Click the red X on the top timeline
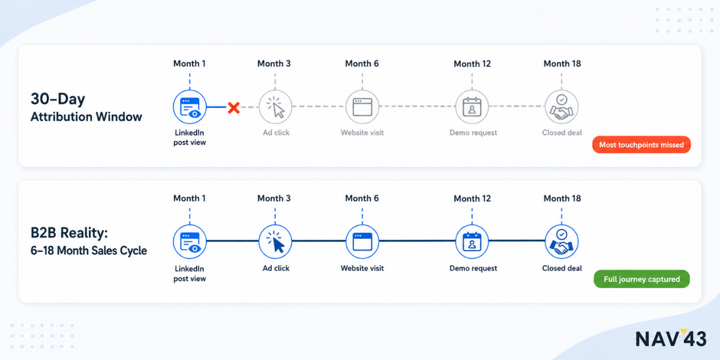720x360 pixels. tap(233, 107)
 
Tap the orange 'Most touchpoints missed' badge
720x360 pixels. tap(641, 145)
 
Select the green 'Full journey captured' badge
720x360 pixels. tap(641, 279)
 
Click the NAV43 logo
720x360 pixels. tap(671, 338)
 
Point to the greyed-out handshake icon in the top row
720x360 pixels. tap(562, 107)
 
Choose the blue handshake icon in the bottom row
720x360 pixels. tap(562, 242)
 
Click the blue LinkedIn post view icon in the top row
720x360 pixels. tap(190, 107)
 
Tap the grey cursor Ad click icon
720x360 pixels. tap(275, 107)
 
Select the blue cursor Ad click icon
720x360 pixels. tap(275, 242)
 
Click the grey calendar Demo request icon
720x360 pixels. tap(472, 107)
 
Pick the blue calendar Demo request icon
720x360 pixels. tap(472, 242)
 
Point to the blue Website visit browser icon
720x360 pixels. tap(362, 242)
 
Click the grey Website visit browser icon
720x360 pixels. tap(362, 107)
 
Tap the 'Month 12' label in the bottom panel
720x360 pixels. tap(472, 199)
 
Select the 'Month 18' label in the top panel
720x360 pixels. tap(562, 64)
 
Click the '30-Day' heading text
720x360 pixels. tap(58, 98)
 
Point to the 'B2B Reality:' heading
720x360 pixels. tap(69, 233)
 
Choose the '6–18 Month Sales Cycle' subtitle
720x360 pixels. tap(89, 250)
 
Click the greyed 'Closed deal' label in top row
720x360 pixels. tap(562, 133)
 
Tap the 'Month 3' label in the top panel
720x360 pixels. tap(274, 64)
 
